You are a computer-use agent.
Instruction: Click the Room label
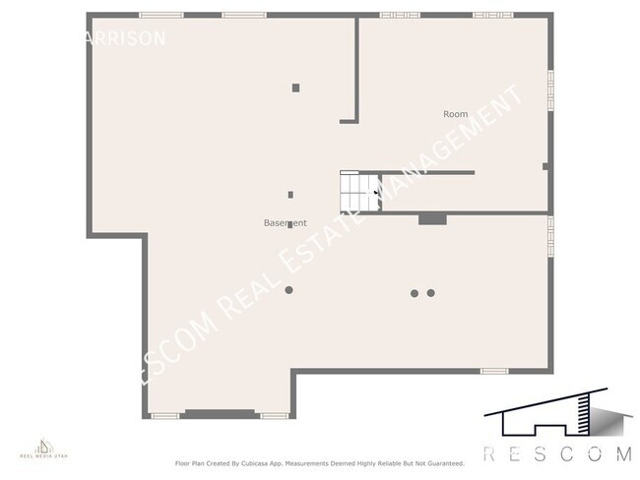coord(455,114)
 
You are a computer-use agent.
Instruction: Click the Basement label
coord(285,223)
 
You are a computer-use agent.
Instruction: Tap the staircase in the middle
coord(359,191)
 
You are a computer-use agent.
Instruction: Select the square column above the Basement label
coord(290,194)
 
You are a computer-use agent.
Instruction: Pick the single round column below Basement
coord(288,289)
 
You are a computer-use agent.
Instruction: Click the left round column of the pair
coord(415,292)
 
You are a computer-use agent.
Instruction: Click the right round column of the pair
coord(431,292)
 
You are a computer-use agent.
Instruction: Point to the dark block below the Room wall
coord(432,219)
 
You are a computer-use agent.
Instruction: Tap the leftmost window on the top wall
coord(156,15)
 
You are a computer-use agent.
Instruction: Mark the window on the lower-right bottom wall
coord(493,371)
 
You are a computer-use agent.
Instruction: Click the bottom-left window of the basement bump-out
coord(164,416)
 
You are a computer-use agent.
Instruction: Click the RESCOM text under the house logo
coord(557,453)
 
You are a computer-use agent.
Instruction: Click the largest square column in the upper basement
coord(295,88)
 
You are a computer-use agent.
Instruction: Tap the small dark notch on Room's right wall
coord(545,166)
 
